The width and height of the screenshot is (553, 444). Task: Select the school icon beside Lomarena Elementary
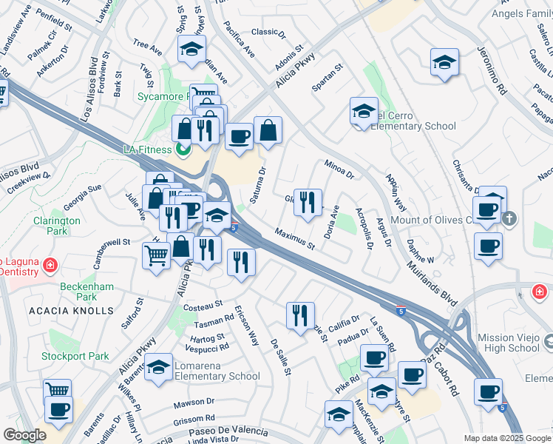(x=158, y=368)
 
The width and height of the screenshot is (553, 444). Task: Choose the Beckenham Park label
(x=78, y=291)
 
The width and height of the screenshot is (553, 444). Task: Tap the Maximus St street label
(x=295, y=238)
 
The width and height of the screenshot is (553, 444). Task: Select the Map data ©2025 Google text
(x=507, y=438)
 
